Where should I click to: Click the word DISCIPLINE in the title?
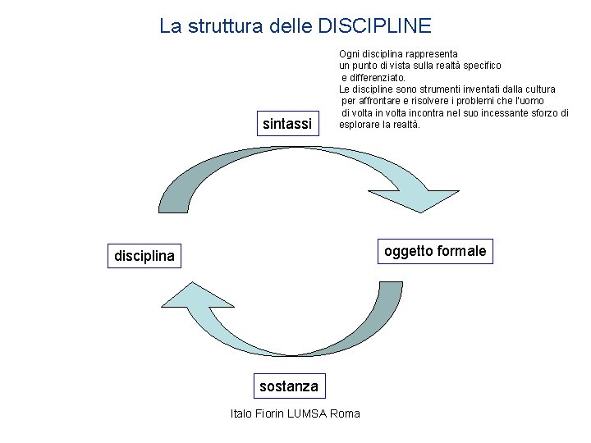(x=373, y=26)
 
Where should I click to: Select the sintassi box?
(x=286, y=124)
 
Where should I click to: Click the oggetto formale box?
(x=435, y=251)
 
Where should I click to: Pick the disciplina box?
(x=144, y=257)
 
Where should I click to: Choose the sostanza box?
(x=287, y=386)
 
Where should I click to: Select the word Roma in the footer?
(x=344, y=413)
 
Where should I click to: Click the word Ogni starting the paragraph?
(x=349, y=53)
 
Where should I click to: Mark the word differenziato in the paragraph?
(x=373, y=77)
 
